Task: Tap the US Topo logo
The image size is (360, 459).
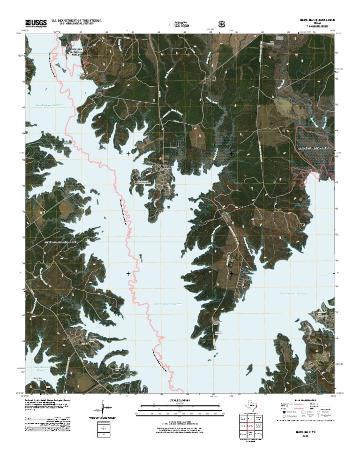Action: pyautogui.click(x=180, y=23)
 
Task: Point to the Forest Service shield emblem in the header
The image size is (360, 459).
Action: pyautogui.click(x=221, y=23)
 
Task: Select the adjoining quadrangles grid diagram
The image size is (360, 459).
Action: pyautogui.click(x=248, y=427)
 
